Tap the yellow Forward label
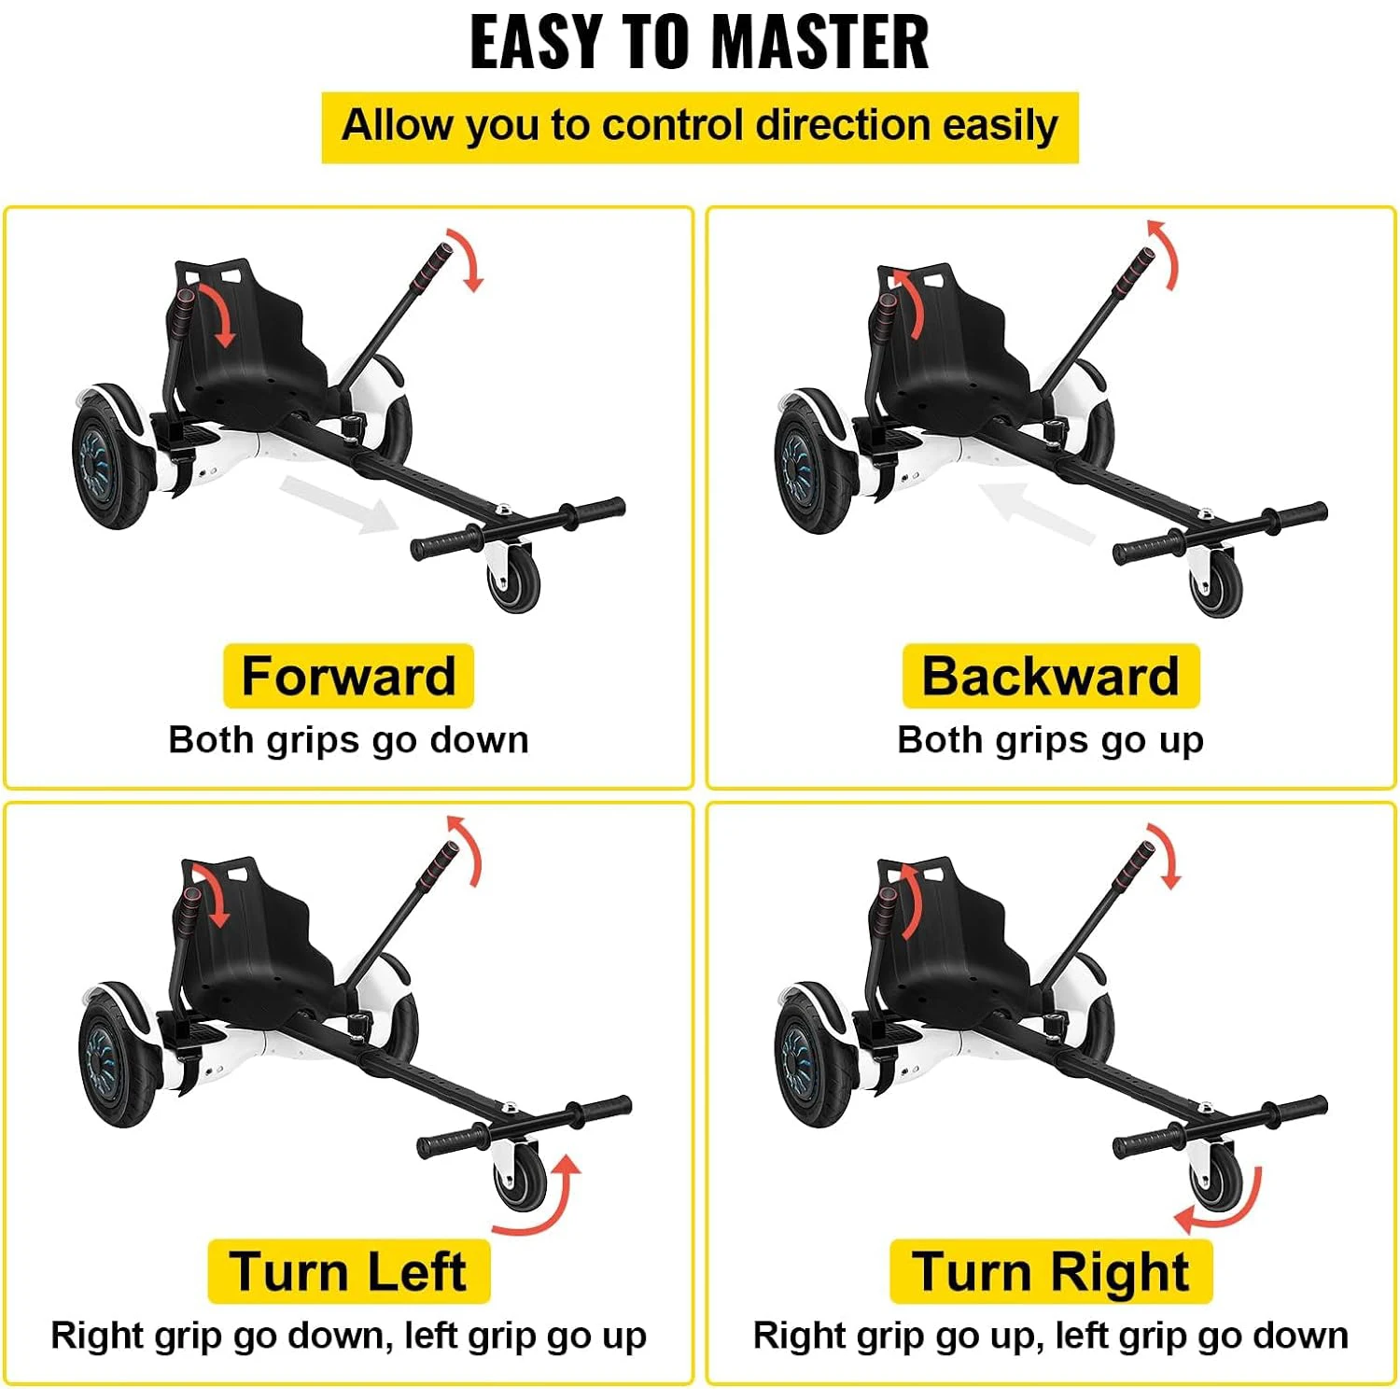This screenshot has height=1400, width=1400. tap(348, 676)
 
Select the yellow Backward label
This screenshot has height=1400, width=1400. tap(1051, 676)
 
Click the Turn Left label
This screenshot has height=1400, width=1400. tap(348, 1271)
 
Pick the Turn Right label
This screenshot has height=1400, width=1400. tap(1051, 1271)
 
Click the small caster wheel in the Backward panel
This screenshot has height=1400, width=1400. tap(1216, 583)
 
